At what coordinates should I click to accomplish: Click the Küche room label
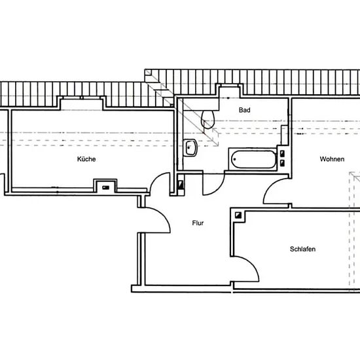(x=86, y=159)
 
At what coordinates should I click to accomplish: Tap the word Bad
(x=245, y=110)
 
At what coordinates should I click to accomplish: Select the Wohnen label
(x=332, y=159)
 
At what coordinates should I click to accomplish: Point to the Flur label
(x=198, y=223)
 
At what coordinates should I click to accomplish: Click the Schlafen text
(x=302, y=249)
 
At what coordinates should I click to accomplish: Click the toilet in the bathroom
(x=207, y=118)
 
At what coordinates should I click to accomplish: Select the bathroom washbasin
(x=190, y=148)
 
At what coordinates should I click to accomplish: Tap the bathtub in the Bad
(x=253, y=159)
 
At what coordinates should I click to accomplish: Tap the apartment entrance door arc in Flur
(x=163, y=215)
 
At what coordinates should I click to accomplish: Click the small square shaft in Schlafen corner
(x=238, y=215)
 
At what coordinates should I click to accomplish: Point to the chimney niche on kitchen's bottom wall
(x=106, y=185)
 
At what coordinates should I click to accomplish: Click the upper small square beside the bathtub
(x=282, y=153)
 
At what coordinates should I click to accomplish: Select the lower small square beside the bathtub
(x=282, y=163)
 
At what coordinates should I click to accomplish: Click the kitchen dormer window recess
(x=82, y=103)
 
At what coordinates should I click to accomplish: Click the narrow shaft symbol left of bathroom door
(x=181, y=185)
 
